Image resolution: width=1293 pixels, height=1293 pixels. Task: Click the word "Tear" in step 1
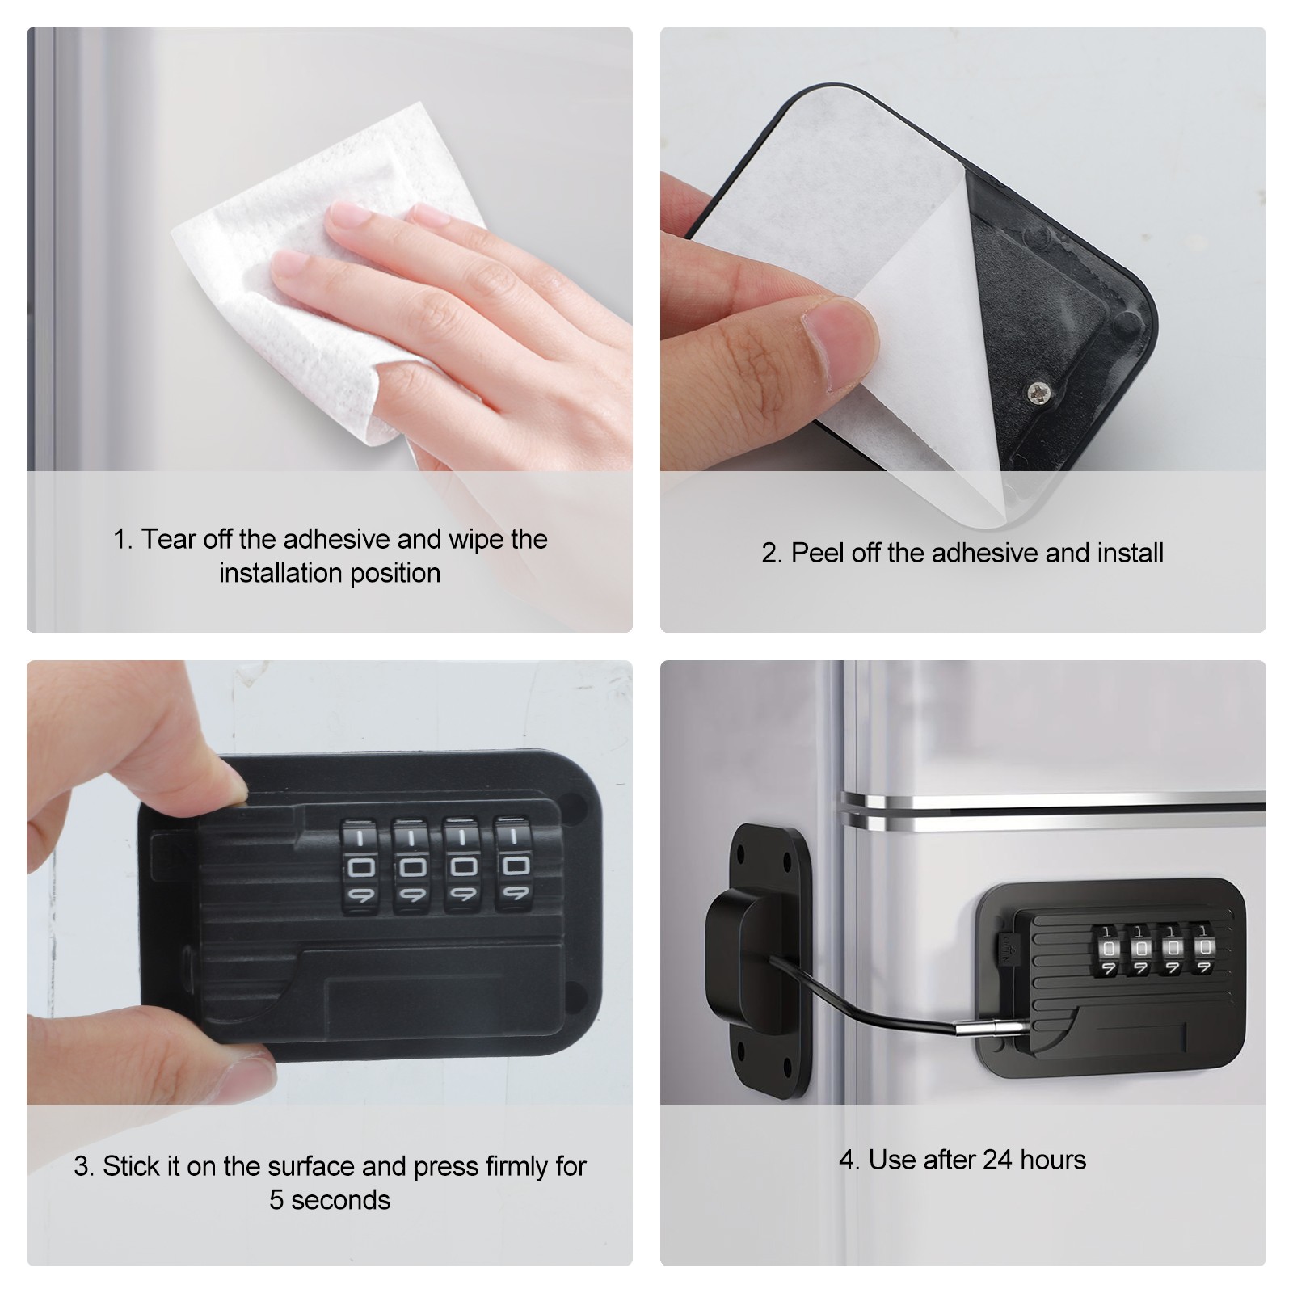pyautogui.click(x=169, y=539)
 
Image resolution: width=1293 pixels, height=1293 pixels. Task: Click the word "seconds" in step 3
pyautogui.click(x=340, y=1200)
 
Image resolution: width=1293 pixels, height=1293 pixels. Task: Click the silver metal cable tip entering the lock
pyautogui.click(x=992, y=1028)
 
